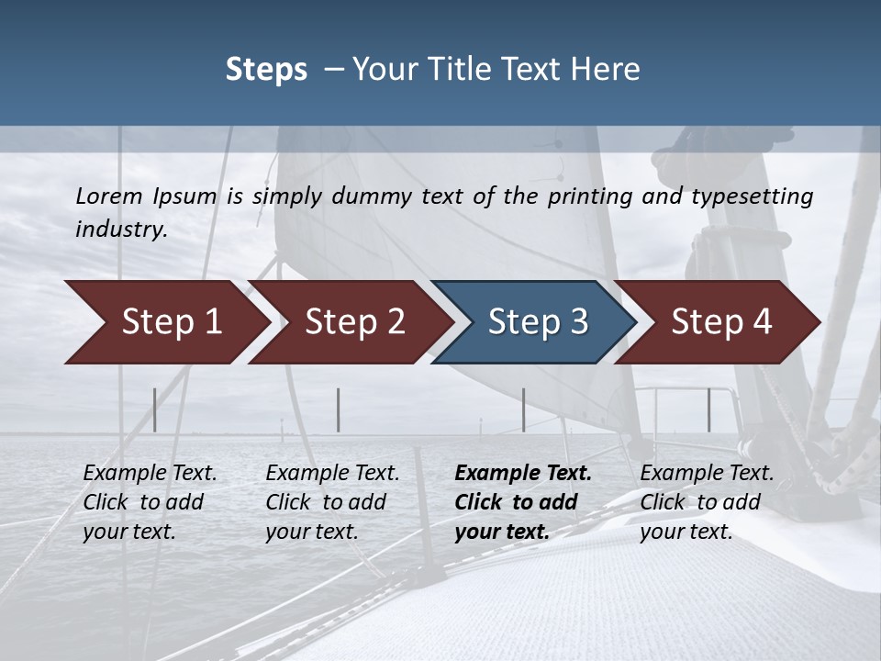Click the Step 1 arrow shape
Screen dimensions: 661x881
165,322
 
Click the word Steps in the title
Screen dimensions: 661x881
266,70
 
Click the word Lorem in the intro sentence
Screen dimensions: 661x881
109,196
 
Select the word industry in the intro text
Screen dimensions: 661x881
121,230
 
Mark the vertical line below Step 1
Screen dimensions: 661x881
155,409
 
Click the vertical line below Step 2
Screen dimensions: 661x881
339,409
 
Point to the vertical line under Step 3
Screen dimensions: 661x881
524,409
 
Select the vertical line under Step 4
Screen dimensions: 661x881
708,409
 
